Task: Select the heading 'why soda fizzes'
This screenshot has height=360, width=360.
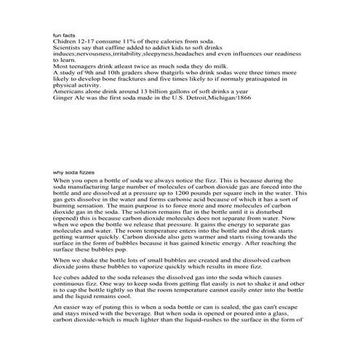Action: coord(74,172)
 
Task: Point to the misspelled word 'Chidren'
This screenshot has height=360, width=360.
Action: coord(65,42)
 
